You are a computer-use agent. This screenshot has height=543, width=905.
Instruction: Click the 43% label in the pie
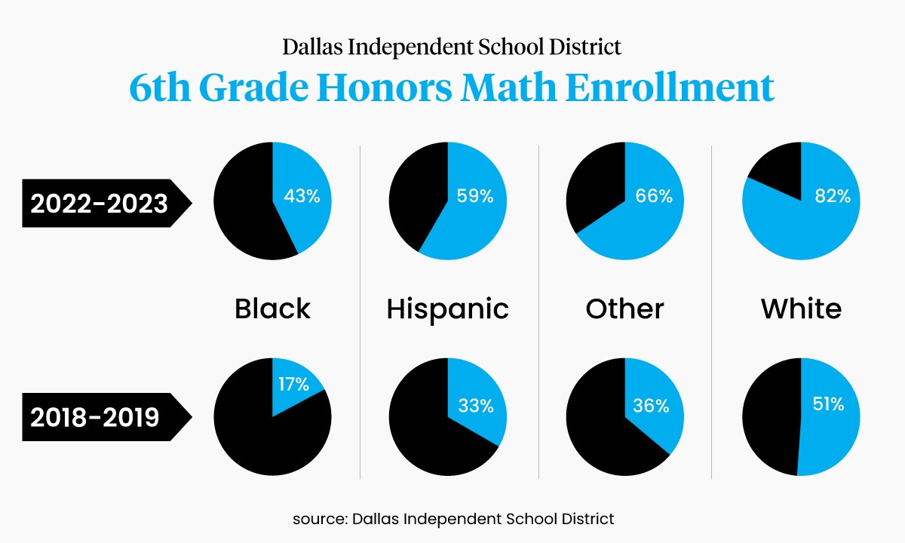point(302,197)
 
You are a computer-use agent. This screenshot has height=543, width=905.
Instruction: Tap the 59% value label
point(475,197)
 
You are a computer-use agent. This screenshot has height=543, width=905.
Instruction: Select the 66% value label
point(654,197)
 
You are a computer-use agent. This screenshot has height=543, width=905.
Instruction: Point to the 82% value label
point(833,197)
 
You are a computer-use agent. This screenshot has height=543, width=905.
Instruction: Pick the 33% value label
point(476,406)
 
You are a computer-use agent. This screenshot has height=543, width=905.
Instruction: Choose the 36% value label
point(651,406)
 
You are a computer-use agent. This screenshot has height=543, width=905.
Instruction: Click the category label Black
point(272,308)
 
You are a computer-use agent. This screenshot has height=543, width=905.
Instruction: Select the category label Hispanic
point(447,308)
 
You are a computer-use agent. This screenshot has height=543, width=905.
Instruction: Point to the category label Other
point(624,308)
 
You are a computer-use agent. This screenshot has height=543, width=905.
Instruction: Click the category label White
point(801,308)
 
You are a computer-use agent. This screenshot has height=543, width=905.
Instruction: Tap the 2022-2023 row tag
point(99,203)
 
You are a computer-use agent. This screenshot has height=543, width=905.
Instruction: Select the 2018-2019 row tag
point(95,416)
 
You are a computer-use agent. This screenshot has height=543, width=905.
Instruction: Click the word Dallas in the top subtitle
point(310,48)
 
